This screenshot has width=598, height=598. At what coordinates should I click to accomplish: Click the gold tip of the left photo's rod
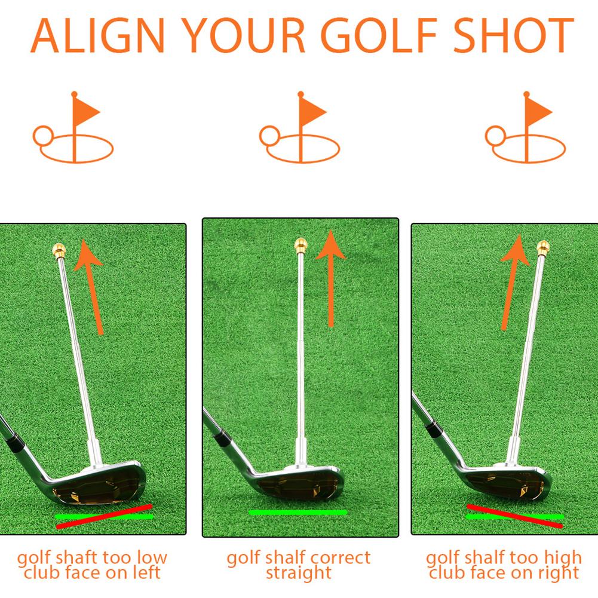point(59,249)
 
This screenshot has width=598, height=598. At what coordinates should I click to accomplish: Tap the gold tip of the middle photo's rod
point(300,245)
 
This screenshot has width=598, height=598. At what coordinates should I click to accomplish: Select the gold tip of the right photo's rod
point(543,247)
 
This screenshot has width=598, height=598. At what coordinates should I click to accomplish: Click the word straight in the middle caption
point(298,574)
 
